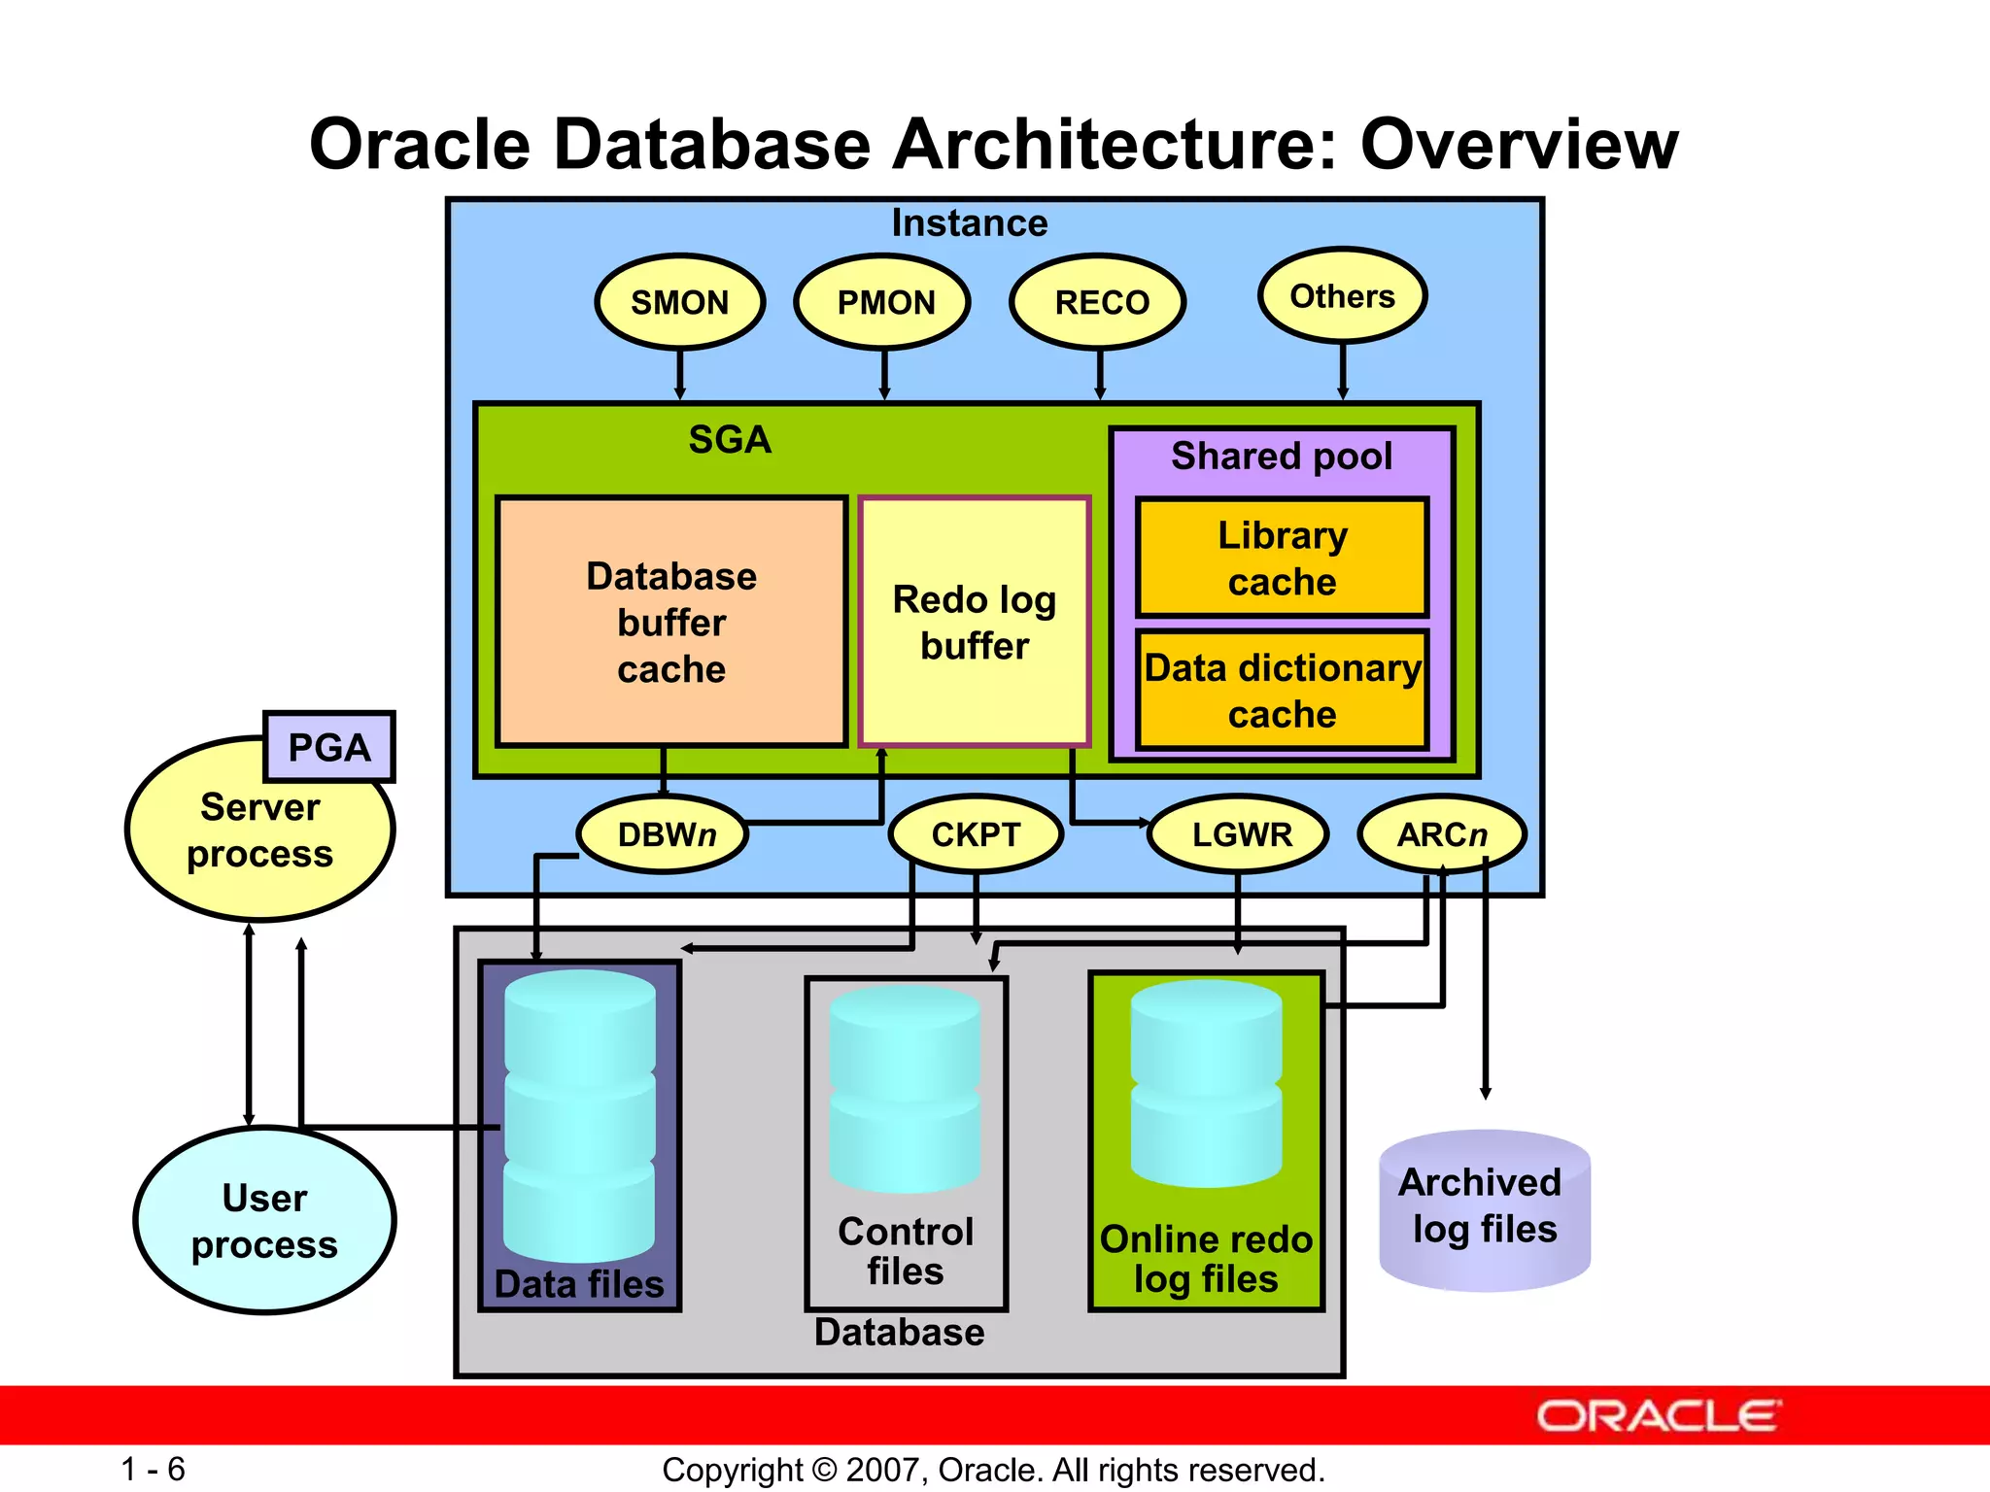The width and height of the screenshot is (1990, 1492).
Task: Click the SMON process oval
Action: pos(680,302)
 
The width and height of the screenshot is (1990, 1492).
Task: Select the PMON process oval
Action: pos(884,302)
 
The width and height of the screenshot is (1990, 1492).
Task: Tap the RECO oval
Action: pos(1100,302)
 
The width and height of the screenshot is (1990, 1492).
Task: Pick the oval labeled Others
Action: pos(1343,296)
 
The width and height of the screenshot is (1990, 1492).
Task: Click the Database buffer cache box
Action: pos(671,623)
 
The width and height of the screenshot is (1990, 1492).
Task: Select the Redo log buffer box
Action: pos(975,623)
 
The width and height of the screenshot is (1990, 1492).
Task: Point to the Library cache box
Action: pos(1283,559)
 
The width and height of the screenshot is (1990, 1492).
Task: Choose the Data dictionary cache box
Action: pos(1283,691)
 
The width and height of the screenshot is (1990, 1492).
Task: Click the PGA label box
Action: pos(329,747)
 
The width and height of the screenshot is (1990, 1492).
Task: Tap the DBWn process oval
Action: pos(664,834)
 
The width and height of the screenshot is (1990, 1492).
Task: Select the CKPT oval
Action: pos(976,834)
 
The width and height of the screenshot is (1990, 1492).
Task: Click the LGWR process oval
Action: pos(1239,834)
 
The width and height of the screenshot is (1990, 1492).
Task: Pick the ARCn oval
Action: pos(1442,834)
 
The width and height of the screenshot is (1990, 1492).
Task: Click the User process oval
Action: pos(264,1221)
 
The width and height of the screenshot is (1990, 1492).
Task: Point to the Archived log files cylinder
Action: pos(1485,1210)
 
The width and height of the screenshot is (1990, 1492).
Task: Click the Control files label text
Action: pos(906,1251)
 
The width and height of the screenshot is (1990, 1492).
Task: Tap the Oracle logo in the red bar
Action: pos(1659,1416)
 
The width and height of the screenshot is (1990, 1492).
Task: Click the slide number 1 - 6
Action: pos(153,1469)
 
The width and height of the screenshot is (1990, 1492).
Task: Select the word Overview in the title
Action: pos(1519,145)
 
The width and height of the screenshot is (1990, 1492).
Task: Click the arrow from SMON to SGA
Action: pos(680,374)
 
